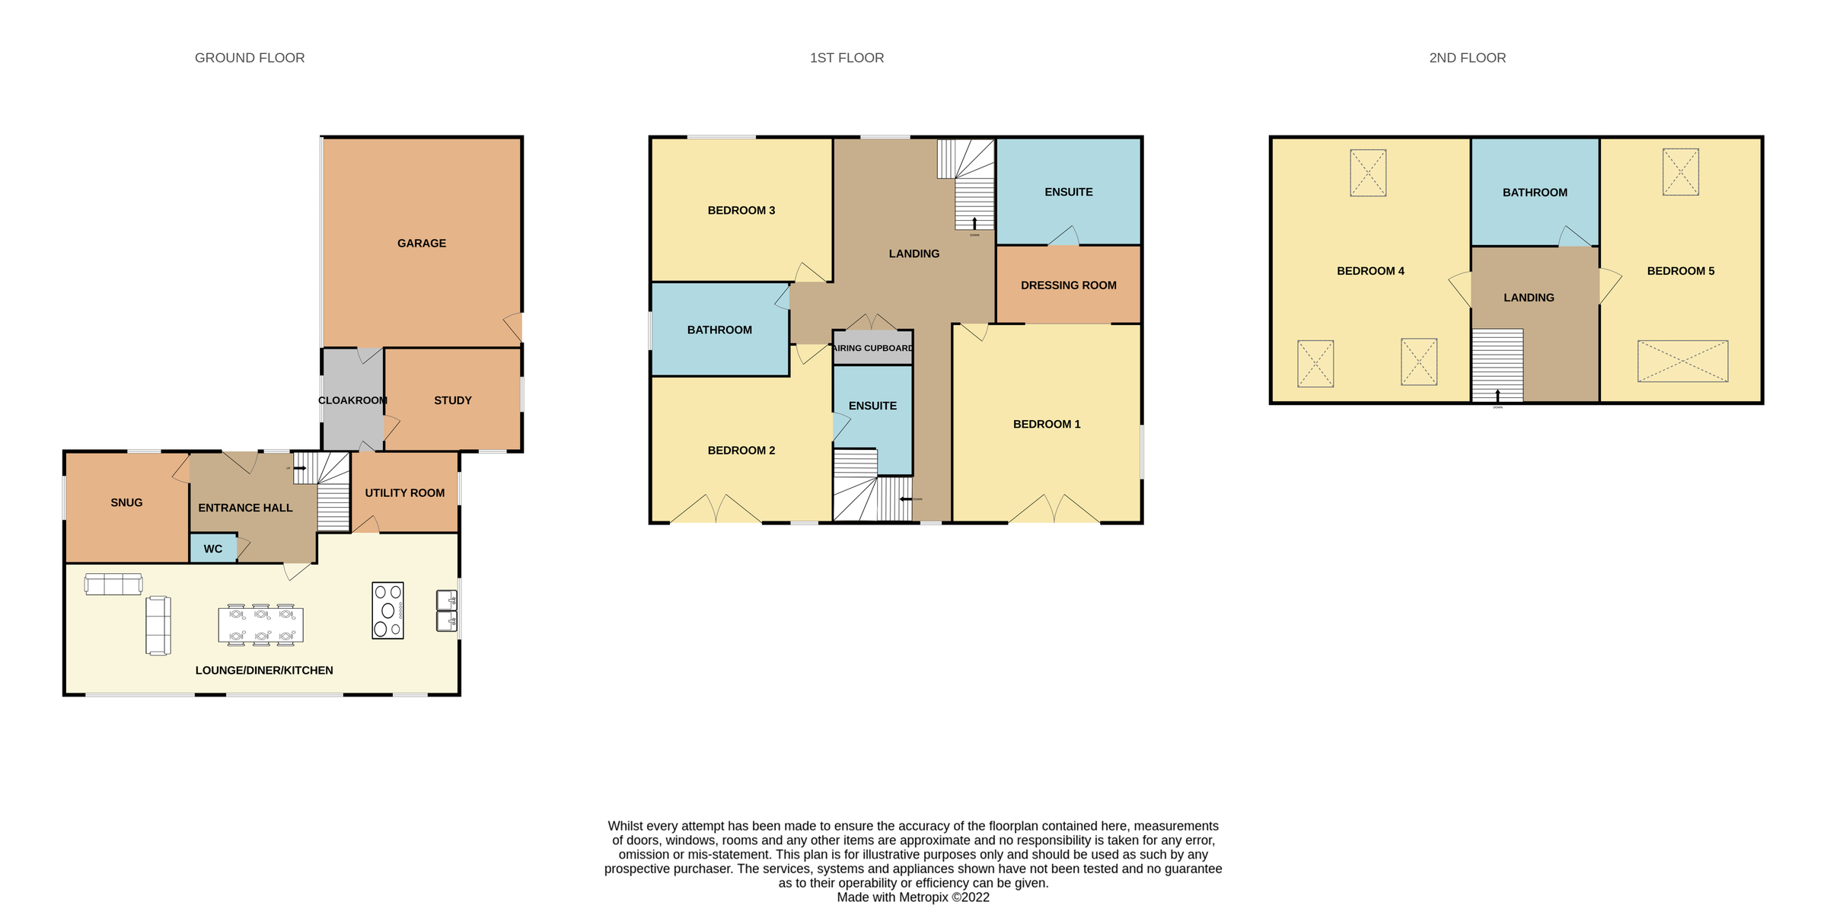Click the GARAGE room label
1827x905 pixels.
421,244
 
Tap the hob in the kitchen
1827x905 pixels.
387,610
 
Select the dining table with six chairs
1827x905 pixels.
260,625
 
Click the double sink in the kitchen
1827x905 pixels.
447,611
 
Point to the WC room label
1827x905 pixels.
213,549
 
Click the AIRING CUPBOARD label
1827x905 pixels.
872,349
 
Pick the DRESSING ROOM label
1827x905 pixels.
1068,285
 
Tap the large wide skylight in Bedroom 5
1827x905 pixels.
1682,362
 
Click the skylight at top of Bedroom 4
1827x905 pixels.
1368,173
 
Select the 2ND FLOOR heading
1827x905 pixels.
1467,58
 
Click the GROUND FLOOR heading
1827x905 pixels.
250,58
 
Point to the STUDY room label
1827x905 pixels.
453,400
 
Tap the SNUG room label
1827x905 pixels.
126,502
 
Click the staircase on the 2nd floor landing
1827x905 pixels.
1497,365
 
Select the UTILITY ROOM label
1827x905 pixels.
404,493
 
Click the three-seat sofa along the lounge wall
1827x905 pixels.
113,585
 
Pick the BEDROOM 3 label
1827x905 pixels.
741,211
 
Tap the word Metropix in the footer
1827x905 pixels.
924,897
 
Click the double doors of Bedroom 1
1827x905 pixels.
1054,509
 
